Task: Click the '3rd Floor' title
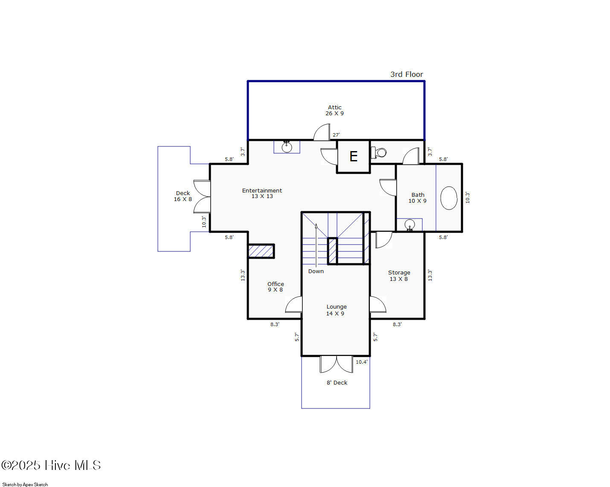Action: coord(407,74)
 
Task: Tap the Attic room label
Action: coord(334,111)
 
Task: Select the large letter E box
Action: coord(353,156)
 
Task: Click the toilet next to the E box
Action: coord(379,153)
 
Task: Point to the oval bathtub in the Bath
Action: coord(449,198)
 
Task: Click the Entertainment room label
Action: coord(262,193)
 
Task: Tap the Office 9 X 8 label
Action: coord(276,287)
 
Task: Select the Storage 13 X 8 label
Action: coord(399,276)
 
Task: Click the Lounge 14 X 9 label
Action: coord(336,310)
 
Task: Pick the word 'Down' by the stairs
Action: coord(316,271)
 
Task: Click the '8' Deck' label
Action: coord(337,382)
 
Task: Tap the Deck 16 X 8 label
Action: coord(183,196)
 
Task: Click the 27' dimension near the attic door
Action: coord(336,135)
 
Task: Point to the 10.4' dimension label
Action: coord(362,362)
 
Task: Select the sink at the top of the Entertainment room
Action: coord(287,147)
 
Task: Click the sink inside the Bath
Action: coord(410,225)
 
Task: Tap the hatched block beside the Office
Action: coord(261,251)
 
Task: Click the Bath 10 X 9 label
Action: coord(418,198)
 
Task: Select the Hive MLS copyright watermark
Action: coord(51,465)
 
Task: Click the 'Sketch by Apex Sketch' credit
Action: coord(25,484)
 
